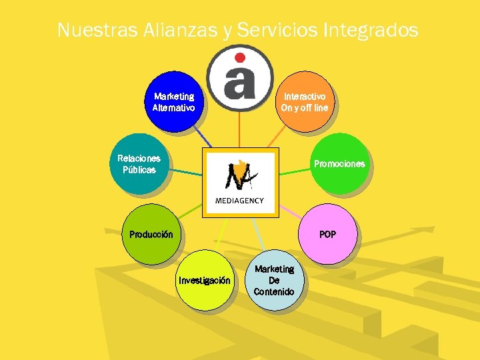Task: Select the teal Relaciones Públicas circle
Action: (x=139, y=164)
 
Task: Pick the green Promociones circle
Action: (x=339, y=163)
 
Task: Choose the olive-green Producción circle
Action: (x=151, y=234)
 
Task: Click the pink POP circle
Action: (x=327, y=234)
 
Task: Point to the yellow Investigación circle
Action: (x=204, y=281)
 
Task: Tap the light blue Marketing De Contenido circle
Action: (x=274, y=280)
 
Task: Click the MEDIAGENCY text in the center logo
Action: (x=239, y=201)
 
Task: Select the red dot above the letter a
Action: (x=240, y=57)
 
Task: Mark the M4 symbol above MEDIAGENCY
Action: (x=240, y=175)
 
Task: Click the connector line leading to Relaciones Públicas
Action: (x=187, y=173)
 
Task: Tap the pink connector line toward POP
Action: (x=289, y=211)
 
